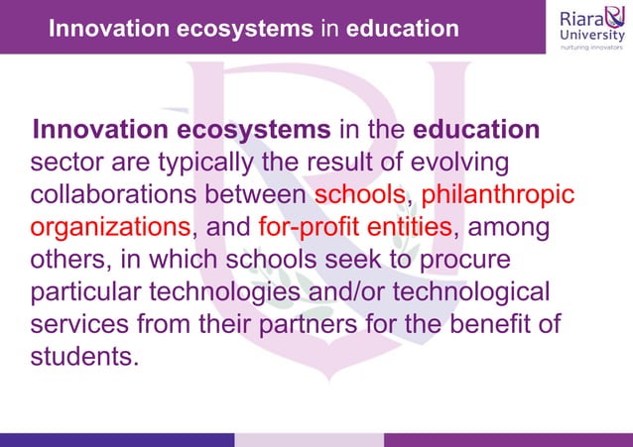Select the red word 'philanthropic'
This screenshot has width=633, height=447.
[498, 194]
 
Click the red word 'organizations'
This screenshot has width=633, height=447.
[110, 227]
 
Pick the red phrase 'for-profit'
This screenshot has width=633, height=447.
[309, 227]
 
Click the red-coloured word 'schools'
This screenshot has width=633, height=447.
[360, 194]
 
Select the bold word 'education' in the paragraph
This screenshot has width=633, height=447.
[476, 130]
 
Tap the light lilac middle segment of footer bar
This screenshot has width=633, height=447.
[309, 439]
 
